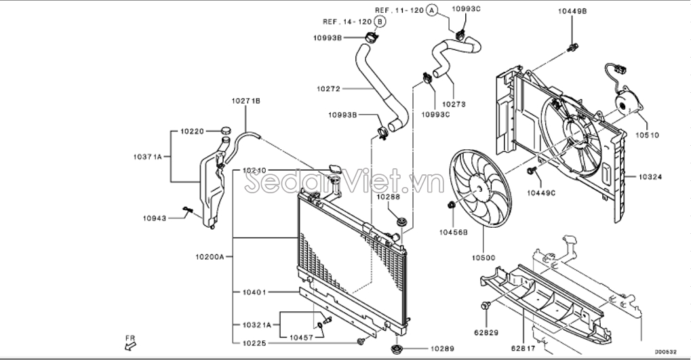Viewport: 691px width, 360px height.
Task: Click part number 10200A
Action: [x=210, y=256]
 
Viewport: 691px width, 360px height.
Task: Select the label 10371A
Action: [x=148, y=157]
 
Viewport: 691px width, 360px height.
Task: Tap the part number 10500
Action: [x=483, y=258]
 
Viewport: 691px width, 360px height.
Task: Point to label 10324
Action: [x=650, y=177]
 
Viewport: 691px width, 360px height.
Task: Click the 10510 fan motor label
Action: [x=647, y=136]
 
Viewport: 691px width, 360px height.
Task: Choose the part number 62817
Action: [x=523, y=348]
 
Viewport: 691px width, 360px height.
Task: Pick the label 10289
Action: [x=442, y=348]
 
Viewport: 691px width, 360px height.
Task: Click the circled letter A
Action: [x=432, y=10]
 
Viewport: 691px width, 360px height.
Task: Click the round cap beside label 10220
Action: [x=225, y=130]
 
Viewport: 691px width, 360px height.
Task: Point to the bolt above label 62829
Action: [x=486, y=305]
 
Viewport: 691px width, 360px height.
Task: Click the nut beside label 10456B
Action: [x=451, y=205]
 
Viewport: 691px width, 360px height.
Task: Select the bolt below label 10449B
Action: [x=572, y=47]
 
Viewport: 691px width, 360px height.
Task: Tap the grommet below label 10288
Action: [x=401, y=222]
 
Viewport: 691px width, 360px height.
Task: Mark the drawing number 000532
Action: [x=665, y=352]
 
